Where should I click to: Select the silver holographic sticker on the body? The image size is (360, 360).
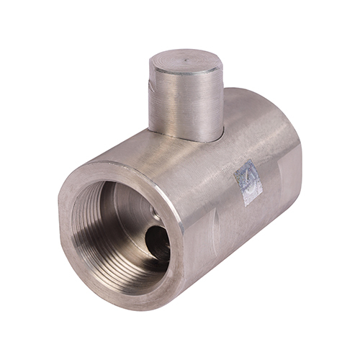coord(247,183)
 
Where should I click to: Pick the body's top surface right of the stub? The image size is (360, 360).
coord(245,115)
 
